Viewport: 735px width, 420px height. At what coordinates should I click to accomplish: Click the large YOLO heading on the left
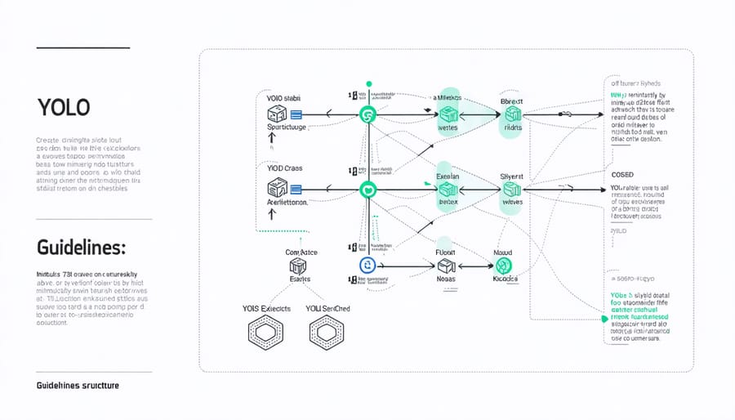coord(63,108)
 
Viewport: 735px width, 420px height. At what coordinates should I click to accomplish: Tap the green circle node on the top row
coord(368,115)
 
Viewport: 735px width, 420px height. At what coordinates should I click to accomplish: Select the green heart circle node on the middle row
coord(368,190)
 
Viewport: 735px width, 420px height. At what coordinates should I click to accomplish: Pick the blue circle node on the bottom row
coord(367,265)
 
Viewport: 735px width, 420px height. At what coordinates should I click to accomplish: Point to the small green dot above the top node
coord(369,83)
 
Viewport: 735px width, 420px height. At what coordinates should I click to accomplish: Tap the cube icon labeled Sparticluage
coord(276,115)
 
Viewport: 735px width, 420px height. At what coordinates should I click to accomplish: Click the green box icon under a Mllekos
coord(448,114)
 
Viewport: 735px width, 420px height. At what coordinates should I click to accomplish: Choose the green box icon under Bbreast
coord(512,115)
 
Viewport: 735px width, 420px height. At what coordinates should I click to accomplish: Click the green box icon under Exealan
coord(448,189)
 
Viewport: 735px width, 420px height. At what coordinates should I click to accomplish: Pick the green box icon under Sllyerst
coord(512,189)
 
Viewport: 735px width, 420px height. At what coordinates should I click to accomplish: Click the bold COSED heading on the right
coord(622,175)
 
